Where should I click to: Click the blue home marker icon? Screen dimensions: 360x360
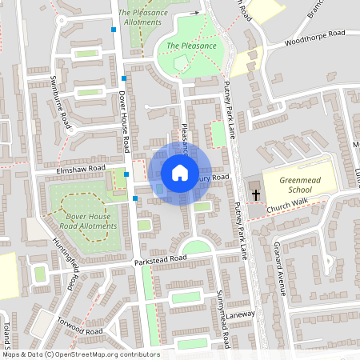click(x=180, y=173)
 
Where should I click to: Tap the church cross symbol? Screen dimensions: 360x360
click(x=256, y=194)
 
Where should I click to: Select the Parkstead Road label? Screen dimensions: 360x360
click(x=161, y=259)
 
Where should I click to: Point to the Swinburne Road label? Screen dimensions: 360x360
click(x=59, y=98)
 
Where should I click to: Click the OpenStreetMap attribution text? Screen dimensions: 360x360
click(x=80, y=354)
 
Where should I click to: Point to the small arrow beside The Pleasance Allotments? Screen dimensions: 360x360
click(x=193, y=14)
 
